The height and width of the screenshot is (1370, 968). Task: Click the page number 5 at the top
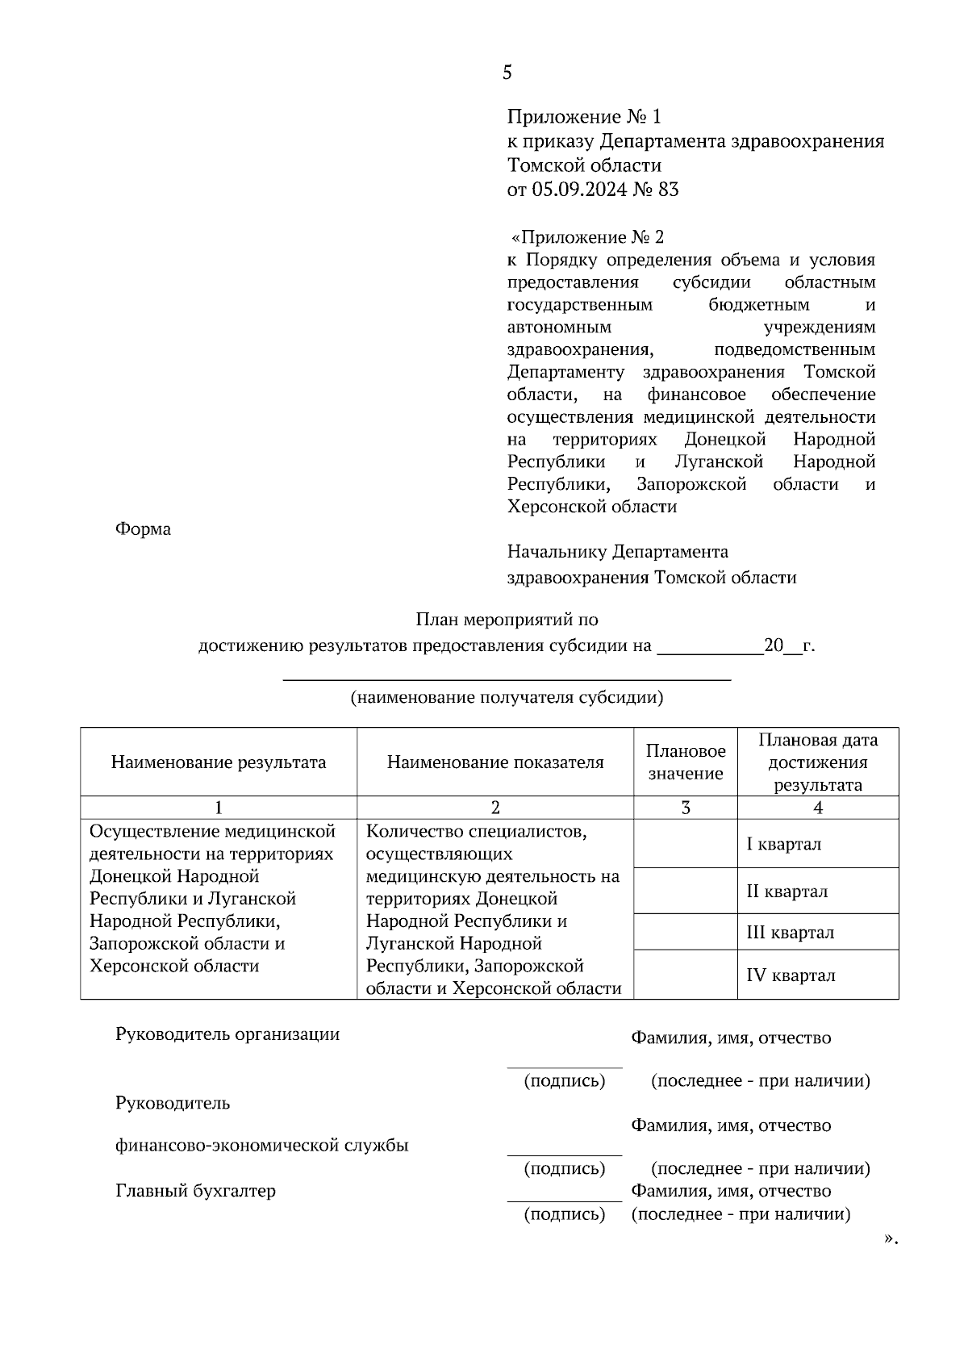[507, 73]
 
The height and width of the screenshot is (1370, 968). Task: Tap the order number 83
[668, 190]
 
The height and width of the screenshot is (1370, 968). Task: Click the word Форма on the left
[143, 530]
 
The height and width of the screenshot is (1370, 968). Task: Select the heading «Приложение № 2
[587, 237]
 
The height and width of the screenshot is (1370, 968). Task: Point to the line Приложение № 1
[583, 118]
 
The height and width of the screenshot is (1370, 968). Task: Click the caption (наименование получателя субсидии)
[506, 698]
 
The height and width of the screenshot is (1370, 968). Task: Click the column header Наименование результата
[219, 762]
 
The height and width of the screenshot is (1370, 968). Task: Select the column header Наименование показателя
[495, 762]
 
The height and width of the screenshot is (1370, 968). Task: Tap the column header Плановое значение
[686, 762]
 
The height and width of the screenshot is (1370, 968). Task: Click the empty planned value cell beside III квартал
[686, 932]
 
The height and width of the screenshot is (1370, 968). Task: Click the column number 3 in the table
[686, 808]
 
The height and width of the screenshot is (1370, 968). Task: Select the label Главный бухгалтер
[195, 1191]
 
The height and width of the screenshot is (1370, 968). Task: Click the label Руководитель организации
[227, 1035]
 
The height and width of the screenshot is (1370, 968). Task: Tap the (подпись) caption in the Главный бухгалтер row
[565, 1214]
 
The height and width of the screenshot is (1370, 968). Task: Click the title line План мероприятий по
[507, 620]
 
